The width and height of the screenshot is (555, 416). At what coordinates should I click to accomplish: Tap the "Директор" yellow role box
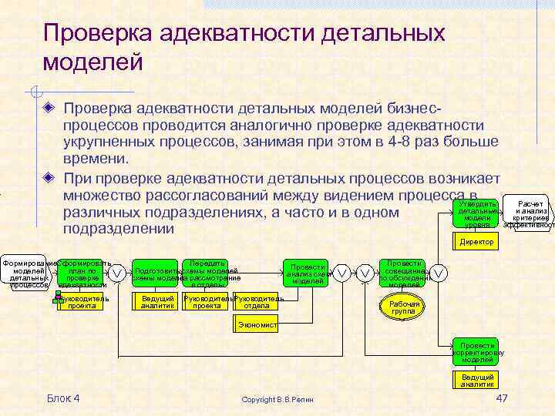477,242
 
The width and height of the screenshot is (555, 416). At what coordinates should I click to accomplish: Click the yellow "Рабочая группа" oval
404,307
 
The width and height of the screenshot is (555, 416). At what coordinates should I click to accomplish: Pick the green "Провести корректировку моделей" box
477,351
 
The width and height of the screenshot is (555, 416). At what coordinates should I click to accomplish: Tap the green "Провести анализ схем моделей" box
308,272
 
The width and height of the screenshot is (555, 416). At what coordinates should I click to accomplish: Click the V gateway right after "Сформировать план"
116,273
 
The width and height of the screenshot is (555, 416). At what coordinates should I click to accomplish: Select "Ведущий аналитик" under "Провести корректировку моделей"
477,380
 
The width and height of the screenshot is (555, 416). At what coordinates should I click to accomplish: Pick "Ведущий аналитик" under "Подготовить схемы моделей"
157,302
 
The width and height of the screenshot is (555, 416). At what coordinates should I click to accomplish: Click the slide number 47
502,398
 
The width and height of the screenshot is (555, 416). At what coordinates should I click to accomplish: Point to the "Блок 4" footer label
63,398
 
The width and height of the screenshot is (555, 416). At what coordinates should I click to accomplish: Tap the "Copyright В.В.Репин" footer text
277,399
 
